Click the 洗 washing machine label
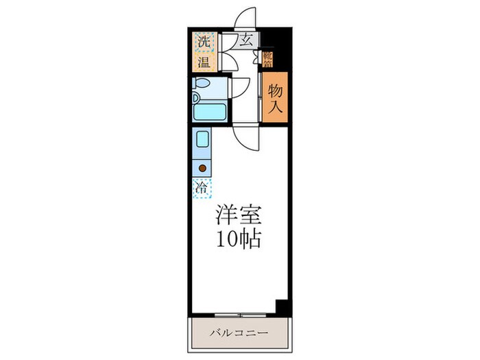203,41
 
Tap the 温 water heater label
204,63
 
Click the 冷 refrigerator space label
203,187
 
